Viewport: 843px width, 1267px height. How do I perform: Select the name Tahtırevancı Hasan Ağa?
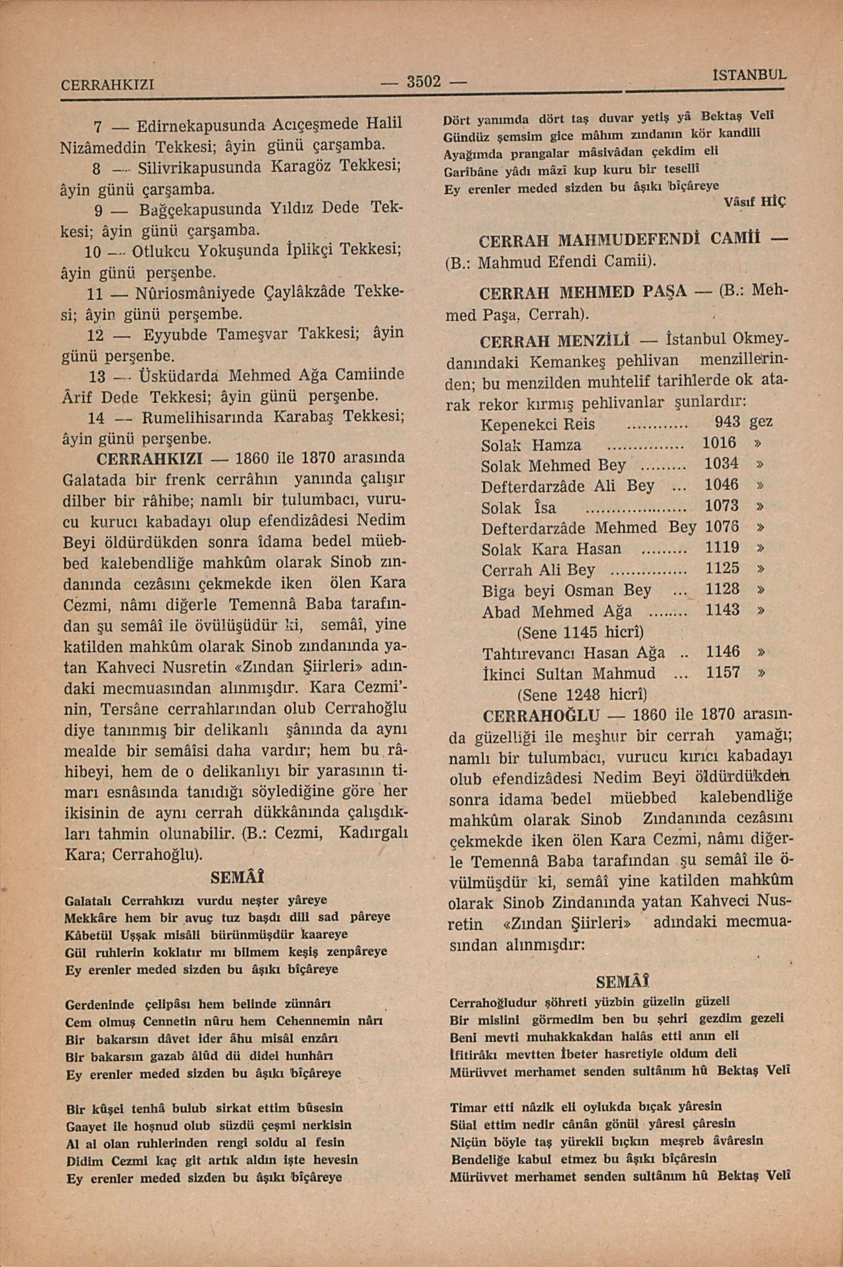(x=573, y=653)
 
